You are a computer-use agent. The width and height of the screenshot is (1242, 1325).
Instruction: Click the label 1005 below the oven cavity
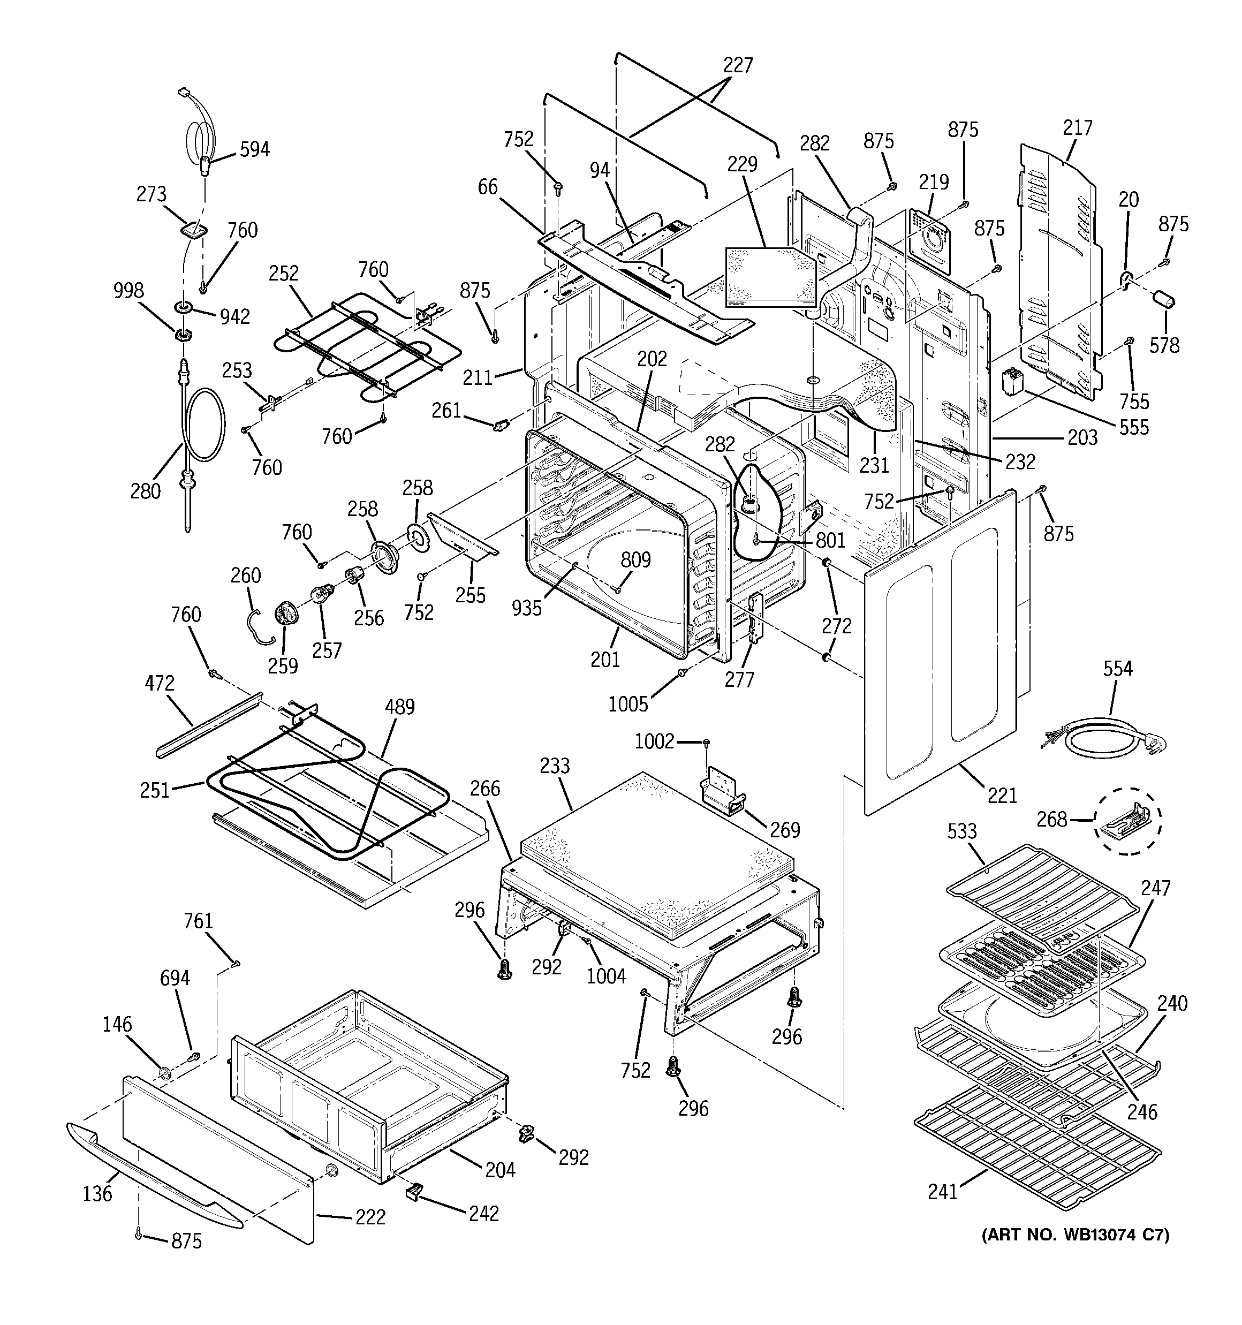[627, 704]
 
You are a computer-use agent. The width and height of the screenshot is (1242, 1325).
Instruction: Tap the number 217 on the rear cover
[1077, 127]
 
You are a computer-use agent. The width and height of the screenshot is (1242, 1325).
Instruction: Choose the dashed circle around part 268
[1129, 821]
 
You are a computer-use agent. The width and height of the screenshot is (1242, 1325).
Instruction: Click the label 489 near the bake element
[399, 707]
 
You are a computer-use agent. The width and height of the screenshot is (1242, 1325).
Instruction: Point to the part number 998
[128, 291]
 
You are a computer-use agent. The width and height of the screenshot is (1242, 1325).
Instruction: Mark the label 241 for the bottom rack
[942, 1191]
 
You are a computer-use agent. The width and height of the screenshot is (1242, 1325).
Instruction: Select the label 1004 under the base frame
[606, 976]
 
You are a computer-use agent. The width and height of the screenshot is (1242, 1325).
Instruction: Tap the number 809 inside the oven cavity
[635, 559]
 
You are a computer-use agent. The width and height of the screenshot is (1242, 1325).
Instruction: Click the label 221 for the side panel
[1002, 795]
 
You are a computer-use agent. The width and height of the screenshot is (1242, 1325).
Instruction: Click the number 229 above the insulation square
[742, 164]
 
